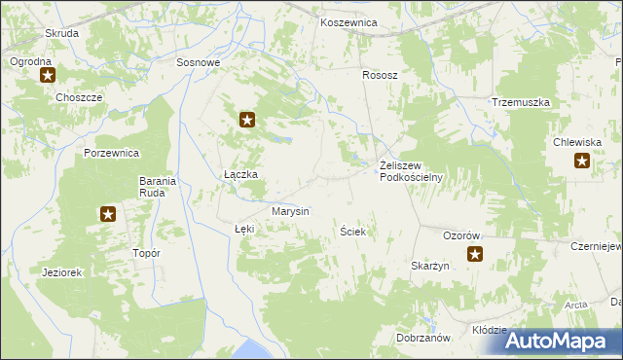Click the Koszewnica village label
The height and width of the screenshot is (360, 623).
point(348,21)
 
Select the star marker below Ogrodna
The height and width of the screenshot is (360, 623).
point(46,75)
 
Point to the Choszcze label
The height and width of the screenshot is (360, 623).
point(79,98)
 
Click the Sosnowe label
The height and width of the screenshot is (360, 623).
point(199,62)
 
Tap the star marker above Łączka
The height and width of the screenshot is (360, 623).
point(247,121)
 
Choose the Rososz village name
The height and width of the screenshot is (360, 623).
point(381,74)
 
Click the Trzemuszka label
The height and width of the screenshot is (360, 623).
point(521,102)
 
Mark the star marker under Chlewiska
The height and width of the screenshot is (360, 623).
point(581,162)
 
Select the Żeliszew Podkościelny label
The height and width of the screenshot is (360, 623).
point(411,171)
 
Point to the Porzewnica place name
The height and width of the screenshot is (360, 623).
point(113,154)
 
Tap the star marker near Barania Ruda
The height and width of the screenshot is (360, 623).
point(107,214)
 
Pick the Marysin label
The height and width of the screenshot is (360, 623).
point(290,211)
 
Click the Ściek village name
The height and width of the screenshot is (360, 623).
point(351,233)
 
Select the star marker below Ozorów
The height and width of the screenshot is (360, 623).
point(474,255)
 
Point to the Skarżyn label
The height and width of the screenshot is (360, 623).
point(429,266)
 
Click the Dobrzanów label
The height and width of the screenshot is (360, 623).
point(422,338)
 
